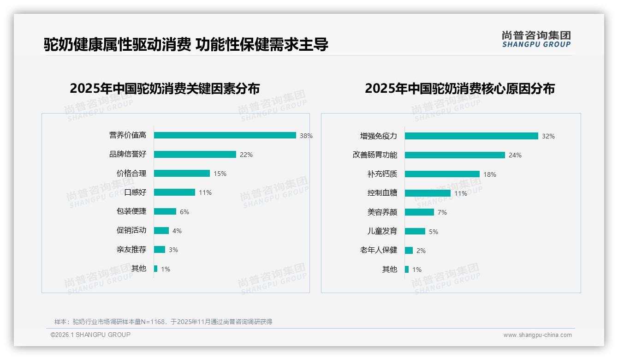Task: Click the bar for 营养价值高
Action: (x=225, y=135)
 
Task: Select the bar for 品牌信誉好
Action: (x=195, y=155)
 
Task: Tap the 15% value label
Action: (x=220, y=174)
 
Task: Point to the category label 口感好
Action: (x=135, y=192)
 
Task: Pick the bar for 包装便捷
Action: (x=165, y=211)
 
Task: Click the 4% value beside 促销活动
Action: (x=177, y=231)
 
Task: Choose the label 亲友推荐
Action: (x=131, y=250)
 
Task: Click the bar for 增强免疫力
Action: (x=471, y=136)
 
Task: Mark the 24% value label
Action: (x=515, y=156)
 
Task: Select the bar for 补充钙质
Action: (x=442, y=174)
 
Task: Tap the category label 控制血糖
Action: (x=382, y=193)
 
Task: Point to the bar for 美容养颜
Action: (x=419, y=212)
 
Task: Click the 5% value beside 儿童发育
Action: (x=434, y=232)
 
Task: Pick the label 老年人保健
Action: (x=379, y=250)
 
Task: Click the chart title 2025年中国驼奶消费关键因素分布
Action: (x=165, y=89)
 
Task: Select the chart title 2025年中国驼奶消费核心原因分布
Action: (x=460, y=89)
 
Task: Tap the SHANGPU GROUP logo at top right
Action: (x=536, y=39)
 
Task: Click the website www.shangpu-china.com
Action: (x=537, y=335)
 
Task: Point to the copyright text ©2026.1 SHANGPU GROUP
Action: (x=90, y=335)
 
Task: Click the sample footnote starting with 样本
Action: (x=163, y=322)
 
